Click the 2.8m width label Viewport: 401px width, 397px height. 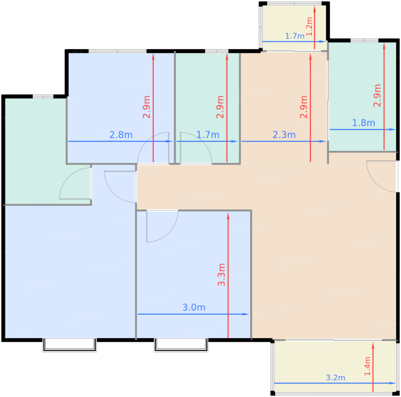click(121, 135)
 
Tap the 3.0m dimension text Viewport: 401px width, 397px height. click(194, 307)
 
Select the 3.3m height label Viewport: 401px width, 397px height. click(221, 274)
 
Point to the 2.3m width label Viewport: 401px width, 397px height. click(284, 135)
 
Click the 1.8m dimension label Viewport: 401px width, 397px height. click(363, 123)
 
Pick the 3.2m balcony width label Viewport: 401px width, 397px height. click(335, 378)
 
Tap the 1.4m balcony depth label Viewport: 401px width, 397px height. click(367, 369)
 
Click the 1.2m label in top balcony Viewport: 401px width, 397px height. click(309, 26)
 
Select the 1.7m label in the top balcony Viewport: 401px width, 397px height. click(295, 36)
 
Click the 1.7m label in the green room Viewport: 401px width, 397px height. click(208, 135)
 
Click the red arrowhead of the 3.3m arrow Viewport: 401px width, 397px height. click(228, 216)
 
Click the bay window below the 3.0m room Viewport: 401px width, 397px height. click(181, 345)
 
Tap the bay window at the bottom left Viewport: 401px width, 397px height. click(70, 345)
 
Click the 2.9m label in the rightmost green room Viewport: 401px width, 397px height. click(377, 95)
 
